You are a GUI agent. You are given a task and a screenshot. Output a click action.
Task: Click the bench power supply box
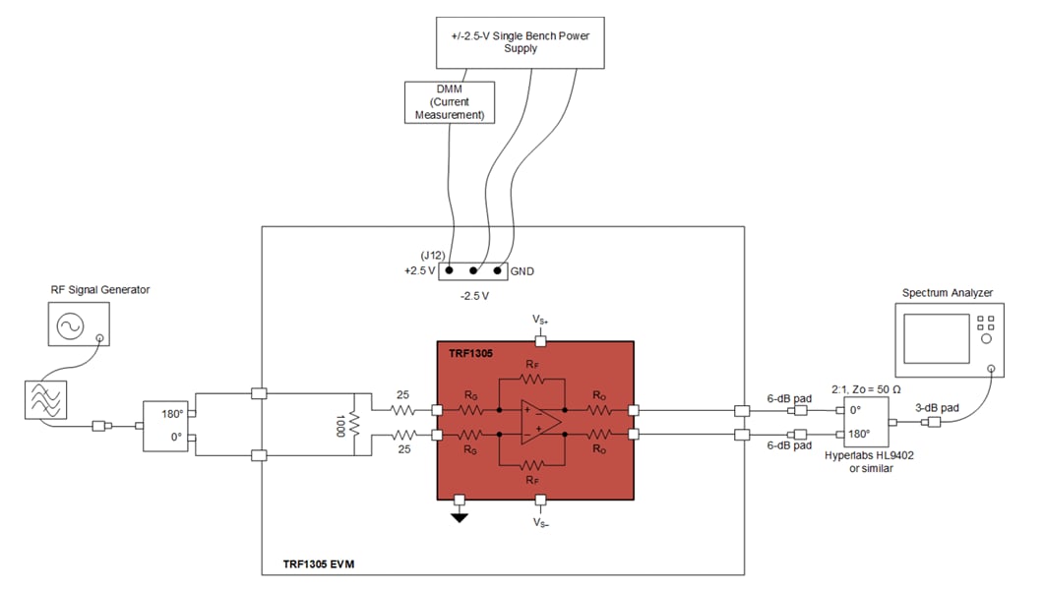(520, 42)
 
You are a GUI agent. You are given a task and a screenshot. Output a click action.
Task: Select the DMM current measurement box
(450, 101)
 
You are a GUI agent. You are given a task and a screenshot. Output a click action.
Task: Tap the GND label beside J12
(522, 270)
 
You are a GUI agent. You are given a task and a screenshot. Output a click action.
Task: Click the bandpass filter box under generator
(46, 400)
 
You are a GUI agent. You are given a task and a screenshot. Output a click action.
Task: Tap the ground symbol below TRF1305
(459, 516)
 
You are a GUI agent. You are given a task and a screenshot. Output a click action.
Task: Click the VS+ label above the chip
(539, 320)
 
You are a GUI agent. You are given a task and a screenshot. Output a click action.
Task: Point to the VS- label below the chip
(539, 523)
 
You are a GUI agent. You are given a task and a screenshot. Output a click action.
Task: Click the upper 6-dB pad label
(789, 397)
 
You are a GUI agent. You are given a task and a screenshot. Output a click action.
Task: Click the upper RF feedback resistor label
(531, 365)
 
